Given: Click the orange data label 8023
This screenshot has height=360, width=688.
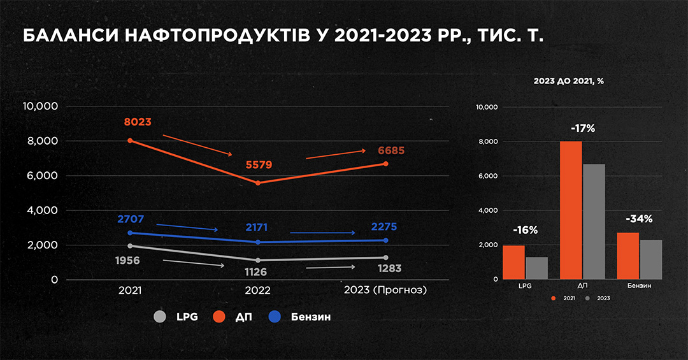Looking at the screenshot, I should click(138, 122).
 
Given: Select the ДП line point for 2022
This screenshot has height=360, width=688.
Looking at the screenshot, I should click(257, 183).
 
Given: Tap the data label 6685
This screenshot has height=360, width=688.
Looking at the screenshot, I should click(391, 151).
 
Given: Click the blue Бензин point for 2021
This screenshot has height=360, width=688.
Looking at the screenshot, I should click(130, 233).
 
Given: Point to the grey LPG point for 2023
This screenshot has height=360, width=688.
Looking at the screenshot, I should click(385, 257).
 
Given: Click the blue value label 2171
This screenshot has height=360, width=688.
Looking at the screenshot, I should click(257, 227).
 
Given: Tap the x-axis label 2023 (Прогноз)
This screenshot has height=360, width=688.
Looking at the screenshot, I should click(385, 290).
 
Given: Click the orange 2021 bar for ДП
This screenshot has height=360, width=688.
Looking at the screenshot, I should click(571, 210).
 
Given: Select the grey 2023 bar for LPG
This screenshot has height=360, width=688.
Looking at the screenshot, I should click(537, 268).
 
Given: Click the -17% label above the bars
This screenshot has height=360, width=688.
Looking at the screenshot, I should click(583, 128).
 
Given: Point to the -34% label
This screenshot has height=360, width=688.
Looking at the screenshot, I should click(639, 219).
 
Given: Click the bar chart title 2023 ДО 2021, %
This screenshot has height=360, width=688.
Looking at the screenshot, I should click(569, 81).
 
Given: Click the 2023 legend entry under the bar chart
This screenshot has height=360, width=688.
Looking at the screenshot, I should click(599, 298).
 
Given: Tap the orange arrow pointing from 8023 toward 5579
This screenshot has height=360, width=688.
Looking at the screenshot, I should click(197, 145).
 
